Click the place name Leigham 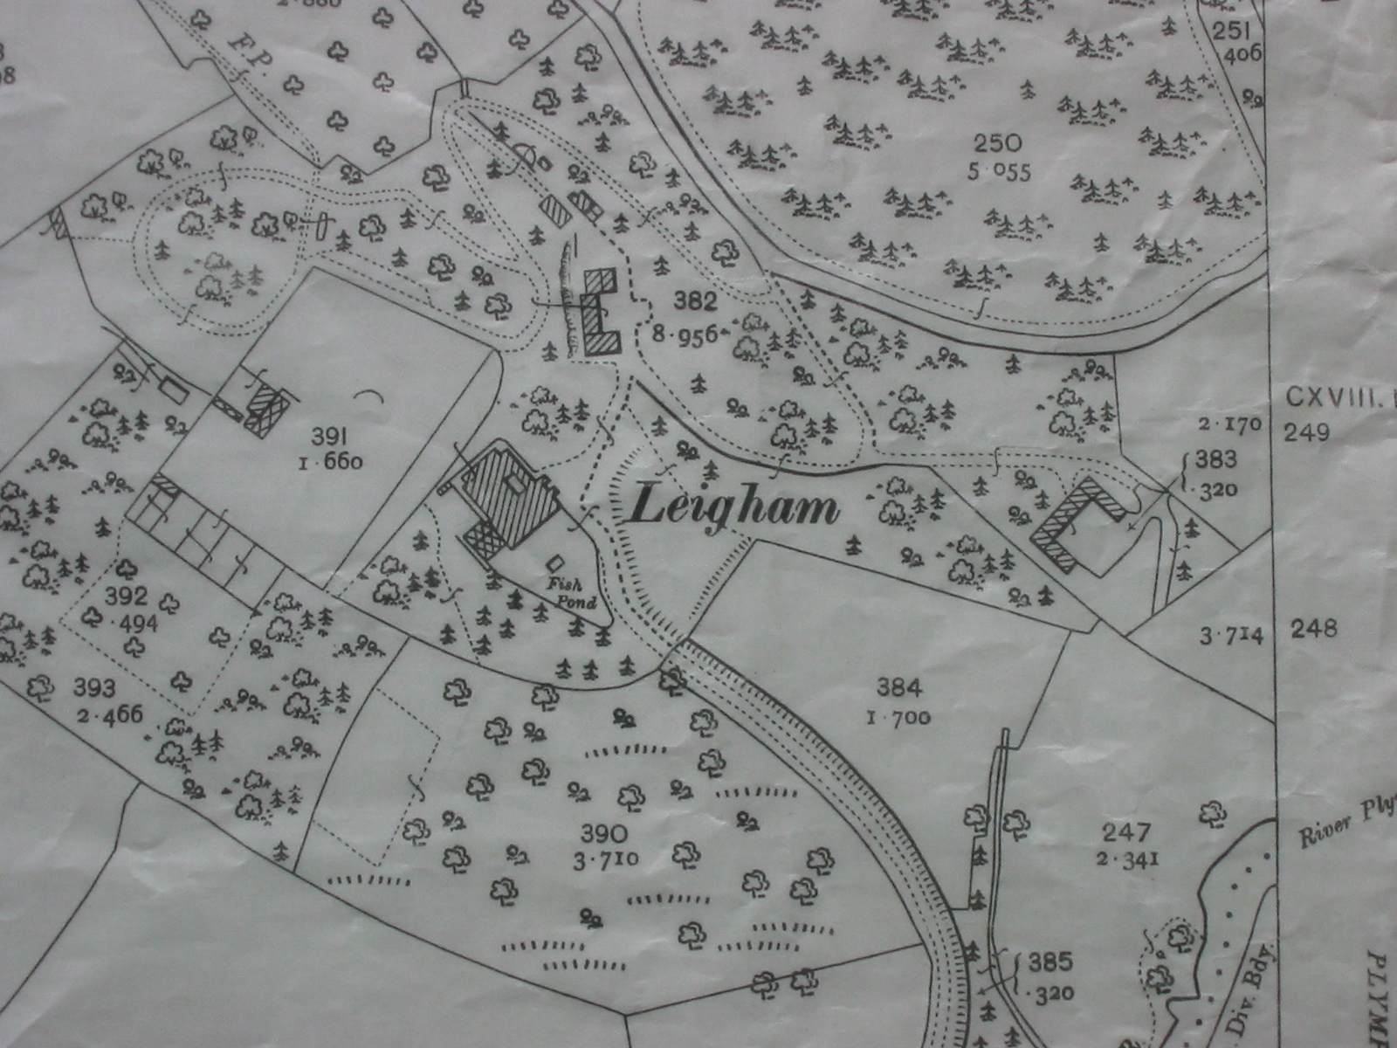coord(733,507)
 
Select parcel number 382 coord(696,303)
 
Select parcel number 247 coord(1127,832)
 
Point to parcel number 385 coord(1049,963)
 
